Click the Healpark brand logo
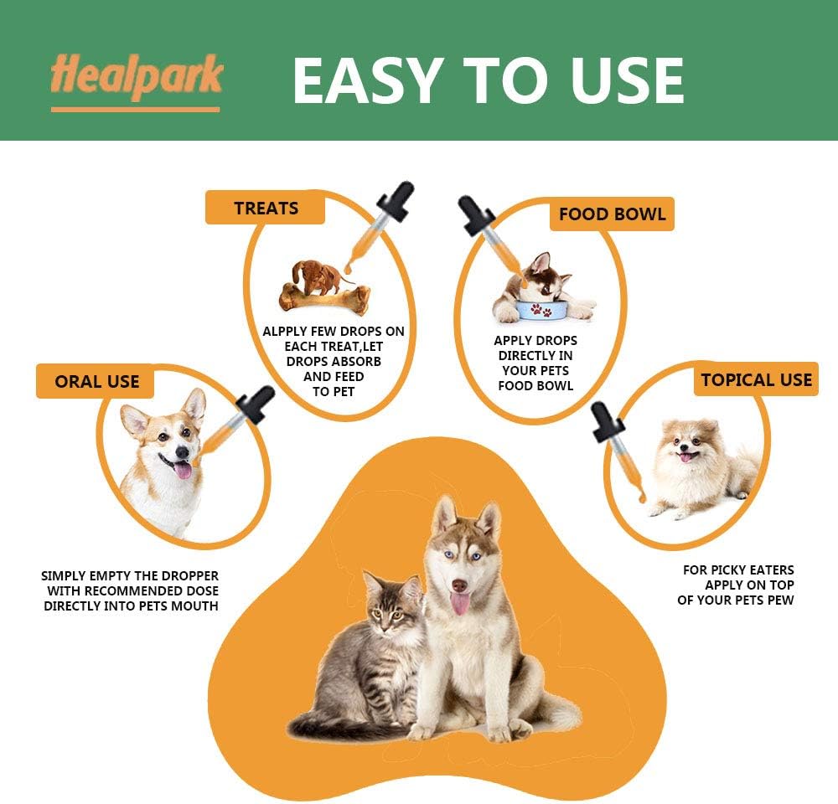click(x=136, y=78)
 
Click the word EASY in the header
click(x=366, y=81)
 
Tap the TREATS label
click(x=266, y=208)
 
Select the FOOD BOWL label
click(x=612, y=214)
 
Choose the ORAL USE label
click(x=97, y=381)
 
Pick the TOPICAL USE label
click(x=756, y=379)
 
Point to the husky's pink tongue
click(x=460, y=602)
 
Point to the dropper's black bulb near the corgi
click(x=255, y=405)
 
